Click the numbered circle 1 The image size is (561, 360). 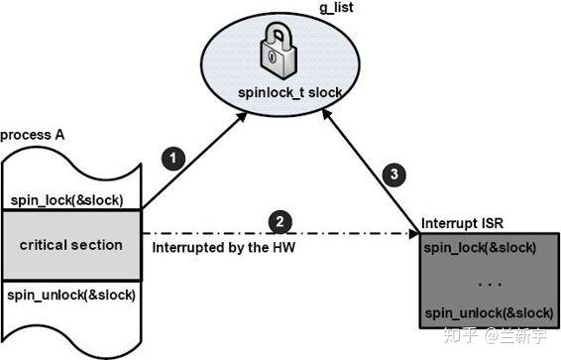[x=175, y=158]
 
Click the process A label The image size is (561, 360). [x=33, y=134]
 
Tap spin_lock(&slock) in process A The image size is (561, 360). [x=67, y=199]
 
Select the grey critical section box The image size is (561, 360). [x=71, y=245]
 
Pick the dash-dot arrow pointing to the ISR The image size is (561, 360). [x=347, y=234]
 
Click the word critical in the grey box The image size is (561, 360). [x=47, y=245]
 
